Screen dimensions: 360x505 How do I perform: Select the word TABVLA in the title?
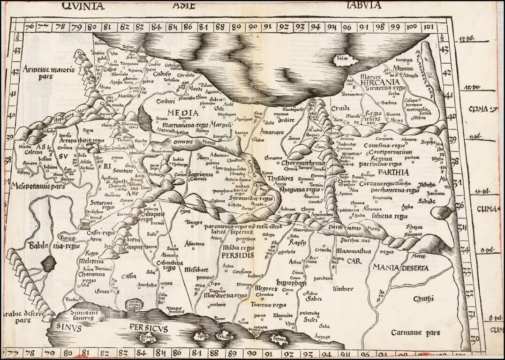pyautogui.click(x=364, y=6)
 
